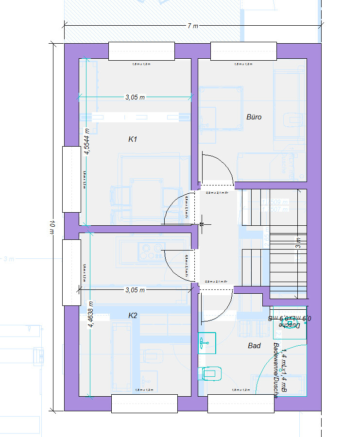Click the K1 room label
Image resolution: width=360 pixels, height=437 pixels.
(133, 139)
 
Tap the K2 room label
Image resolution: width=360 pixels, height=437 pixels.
(133, 316)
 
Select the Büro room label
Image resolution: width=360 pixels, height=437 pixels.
(254, 117)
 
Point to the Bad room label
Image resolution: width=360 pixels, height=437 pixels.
(254, 346)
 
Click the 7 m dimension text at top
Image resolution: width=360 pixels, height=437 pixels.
(193, 26)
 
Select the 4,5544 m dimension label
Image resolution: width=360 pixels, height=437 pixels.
(87, 141)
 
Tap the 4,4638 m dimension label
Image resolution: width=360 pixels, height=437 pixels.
(90, 315)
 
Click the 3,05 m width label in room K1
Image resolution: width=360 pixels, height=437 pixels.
(135, 98)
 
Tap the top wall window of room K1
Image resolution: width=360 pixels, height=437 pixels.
(141, 51)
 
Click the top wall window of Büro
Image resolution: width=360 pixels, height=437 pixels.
(243, 51)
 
